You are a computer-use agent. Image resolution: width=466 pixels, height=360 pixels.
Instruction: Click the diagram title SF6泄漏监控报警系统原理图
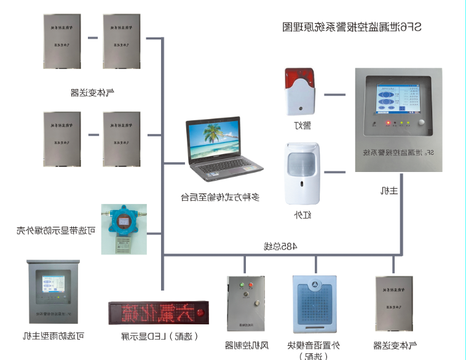(x=352, y=27)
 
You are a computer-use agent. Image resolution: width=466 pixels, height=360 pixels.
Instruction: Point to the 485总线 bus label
(x=280, y=246)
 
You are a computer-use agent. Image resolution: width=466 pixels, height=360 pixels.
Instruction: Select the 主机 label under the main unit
(x=390, y=190)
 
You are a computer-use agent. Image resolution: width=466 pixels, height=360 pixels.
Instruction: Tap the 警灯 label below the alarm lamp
(x=302, y=125)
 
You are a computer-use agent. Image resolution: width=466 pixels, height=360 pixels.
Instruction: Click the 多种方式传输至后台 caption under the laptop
(x=220, y=197)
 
